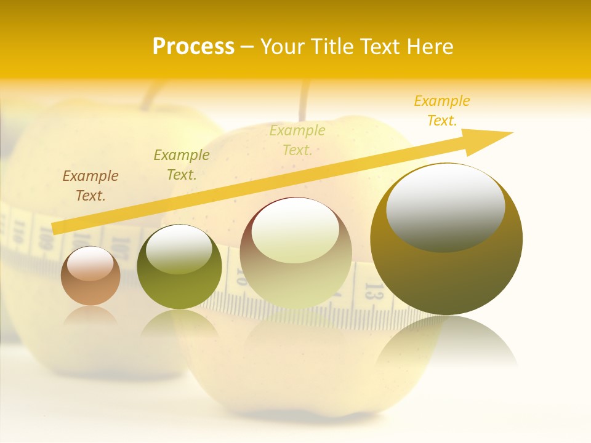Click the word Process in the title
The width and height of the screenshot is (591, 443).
(x=193, y=47)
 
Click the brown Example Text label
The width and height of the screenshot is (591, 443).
(x=90, y=186)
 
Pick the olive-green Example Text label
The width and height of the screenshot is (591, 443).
(x=182, y=165)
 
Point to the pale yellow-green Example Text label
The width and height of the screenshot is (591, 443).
(x=297, y=140)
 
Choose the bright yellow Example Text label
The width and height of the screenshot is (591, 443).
(x=442, y=111)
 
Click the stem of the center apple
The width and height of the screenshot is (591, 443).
(x=304, y=102)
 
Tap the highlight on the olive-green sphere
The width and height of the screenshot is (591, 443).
(x=179, y=250)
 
